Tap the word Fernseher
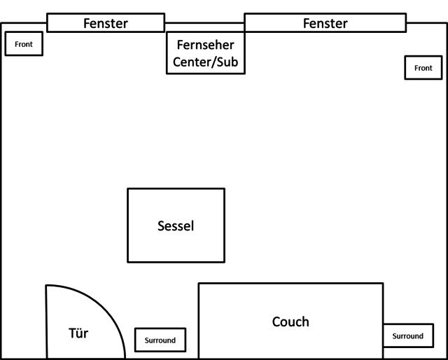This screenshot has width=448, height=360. [205, 45]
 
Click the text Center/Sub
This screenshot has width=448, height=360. [205, 62]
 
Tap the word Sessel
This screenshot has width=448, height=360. [176, 226]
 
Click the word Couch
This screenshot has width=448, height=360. [290, 321]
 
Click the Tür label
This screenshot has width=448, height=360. [79, 333]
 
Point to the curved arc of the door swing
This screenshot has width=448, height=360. [105, 307]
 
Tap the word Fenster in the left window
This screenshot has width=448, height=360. [106, 23]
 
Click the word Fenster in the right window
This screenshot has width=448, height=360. [325, 23]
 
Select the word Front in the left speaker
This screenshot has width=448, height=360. [24, 44]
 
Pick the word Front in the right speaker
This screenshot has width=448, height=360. [423, 68]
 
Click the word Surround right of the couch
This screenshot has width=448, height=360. [407, 336]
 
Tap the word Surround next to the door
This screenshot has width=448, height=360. [160, 340]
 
